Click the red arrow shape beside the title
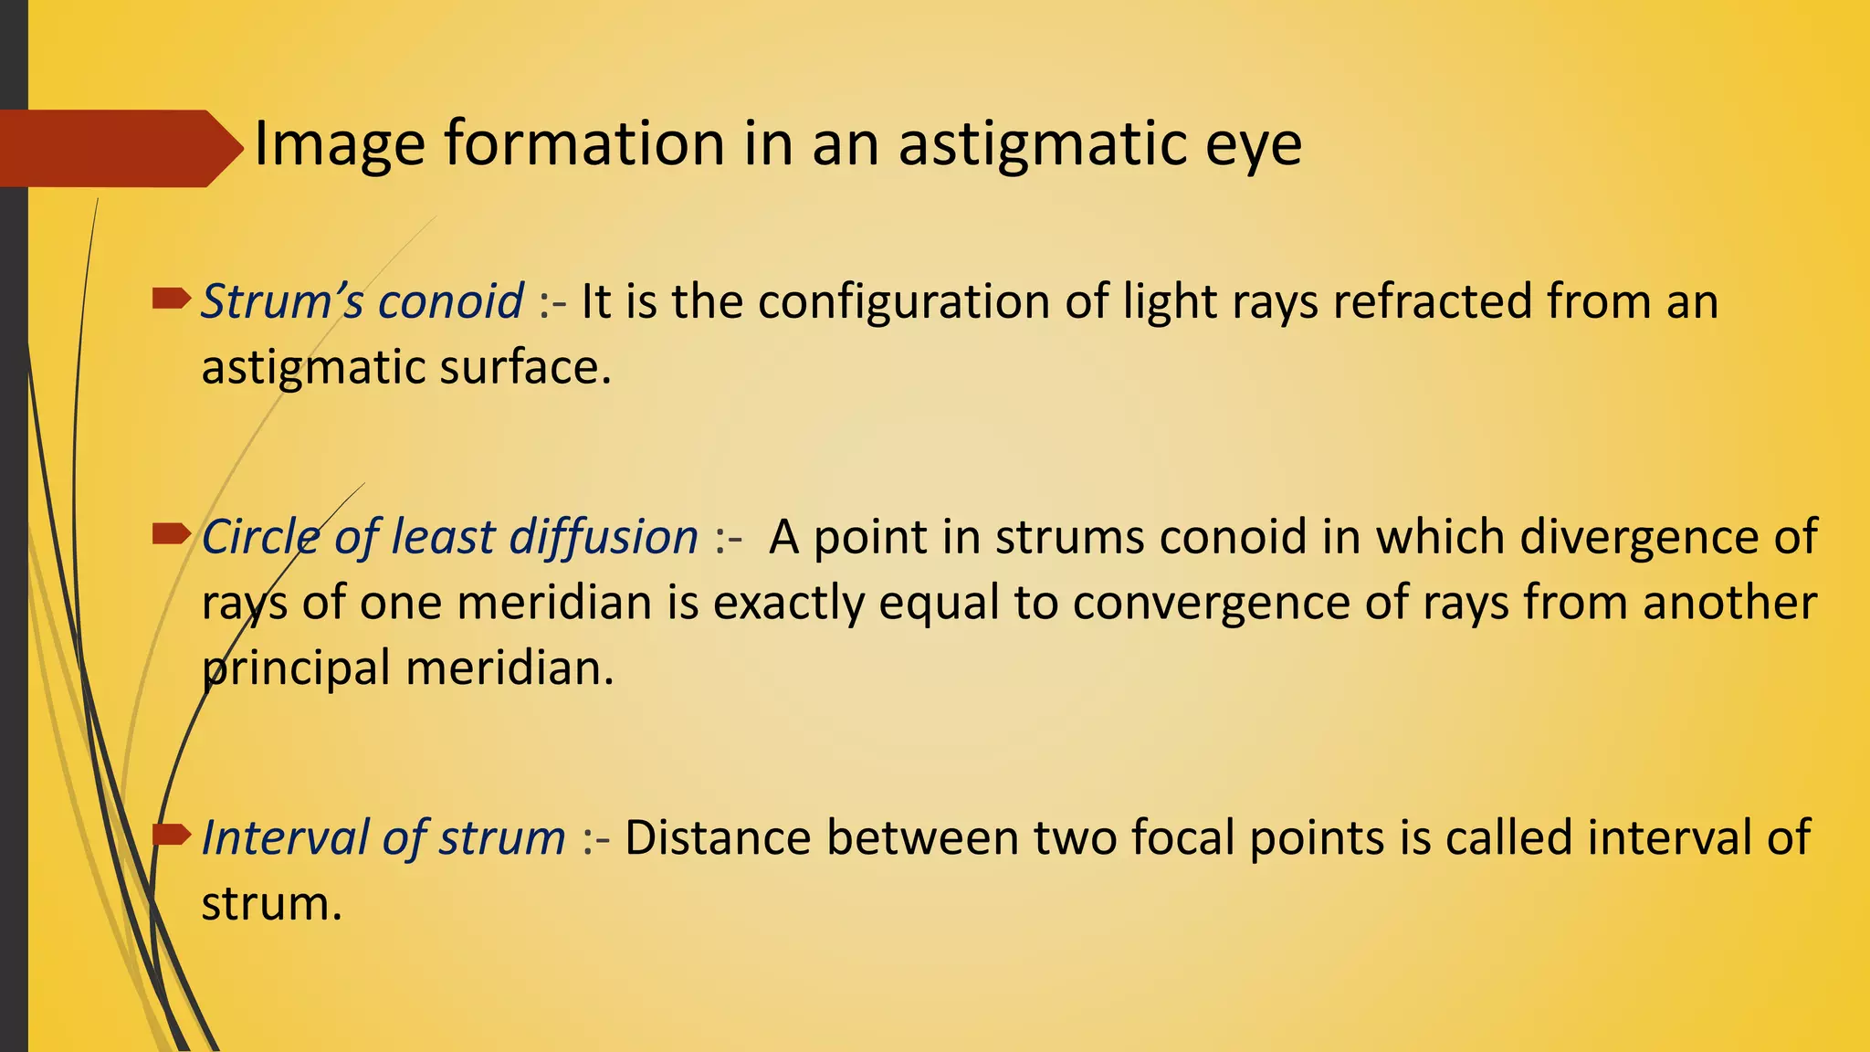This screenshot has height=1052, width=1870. click(119, 149)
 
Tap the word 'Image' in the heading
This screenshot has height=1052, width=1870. click(339, 144)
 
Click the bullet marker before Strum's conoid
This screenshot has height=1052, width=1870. click(171, 298)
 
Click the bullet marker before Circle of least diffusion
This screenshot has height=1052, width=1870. click(171, 533)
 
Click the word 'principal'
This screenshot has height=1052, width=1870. click(296, 668)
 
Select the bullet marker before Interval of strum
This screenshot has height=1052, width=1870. click(171, 834)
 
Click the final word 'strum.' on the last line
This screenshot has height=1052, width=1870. click(271, 904)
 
